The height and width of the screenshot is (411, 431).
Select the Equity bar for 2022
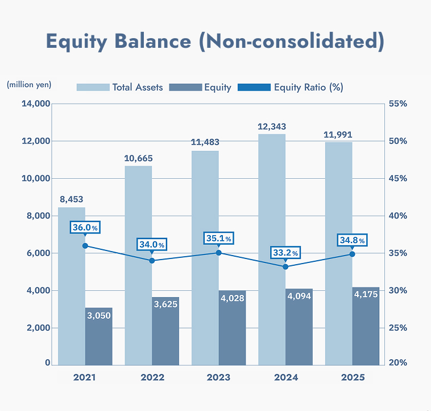165,336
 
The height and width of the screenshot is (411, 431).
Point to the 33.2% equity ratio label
285,252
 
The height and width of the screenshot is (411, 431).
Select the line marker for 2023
218,252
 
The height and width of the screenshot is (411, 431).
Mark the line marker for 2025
352,254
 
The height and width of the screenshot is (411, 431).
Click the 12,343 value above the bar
272,126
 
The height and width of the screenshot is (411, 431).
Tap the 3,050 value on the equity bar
99,316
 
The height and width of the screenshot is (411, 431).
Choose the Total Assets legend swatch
93,87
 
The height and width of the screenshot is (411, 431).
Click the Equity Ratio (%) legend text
308,87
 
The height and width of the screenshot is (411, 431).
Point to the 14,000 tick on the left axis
35,104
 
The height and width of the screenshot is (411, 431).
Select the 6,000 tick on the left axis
38,253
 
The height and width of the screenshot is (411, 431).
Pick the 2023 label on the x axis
218,377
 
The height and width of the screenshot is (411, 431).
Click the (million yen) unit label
29,85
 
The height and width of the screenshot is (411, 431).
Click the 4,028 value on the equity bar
233,297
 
